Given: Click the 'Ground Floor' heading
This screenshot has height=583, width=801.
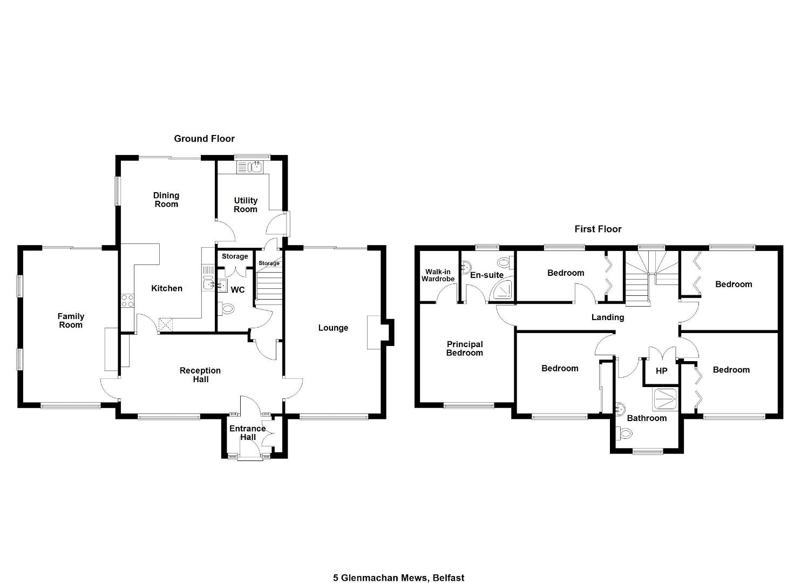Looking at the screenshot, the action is [204, 139].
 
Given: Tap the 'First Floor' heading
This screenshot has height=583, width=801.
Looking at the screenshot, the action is [598, 229].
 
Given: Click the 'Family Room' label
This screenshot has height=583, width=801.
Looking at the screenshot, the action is [71, 321].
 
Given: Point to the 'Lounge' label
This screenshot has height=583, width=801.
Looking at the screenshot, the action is [333, 328].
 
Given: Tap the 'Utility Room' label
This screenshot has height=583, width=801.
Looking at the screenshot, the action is [246, 205].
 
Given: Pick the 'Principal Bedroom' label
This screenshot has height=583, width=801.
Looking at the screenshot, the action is [465, 348].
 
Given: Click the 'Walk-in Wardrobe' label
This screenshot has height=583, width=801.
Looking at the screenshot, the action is [438, 275].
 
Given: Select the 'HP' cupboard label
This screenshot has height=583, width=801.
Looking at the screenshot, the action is [662, 371].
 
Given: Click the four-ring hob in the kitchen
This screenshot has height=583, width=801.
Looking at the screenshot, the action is [128, 301].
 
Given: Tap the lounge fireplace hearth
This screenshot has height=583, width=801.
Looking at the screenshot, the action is [374, 332].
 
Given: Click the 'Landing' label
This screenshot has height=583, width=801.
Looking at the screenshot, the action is [608, 317].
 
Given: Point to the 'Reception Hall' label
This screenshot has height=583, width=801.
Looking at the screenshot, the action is [200, 375].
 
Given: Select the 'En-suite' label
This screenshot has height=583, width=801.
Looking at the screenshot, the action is [487, 275].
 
